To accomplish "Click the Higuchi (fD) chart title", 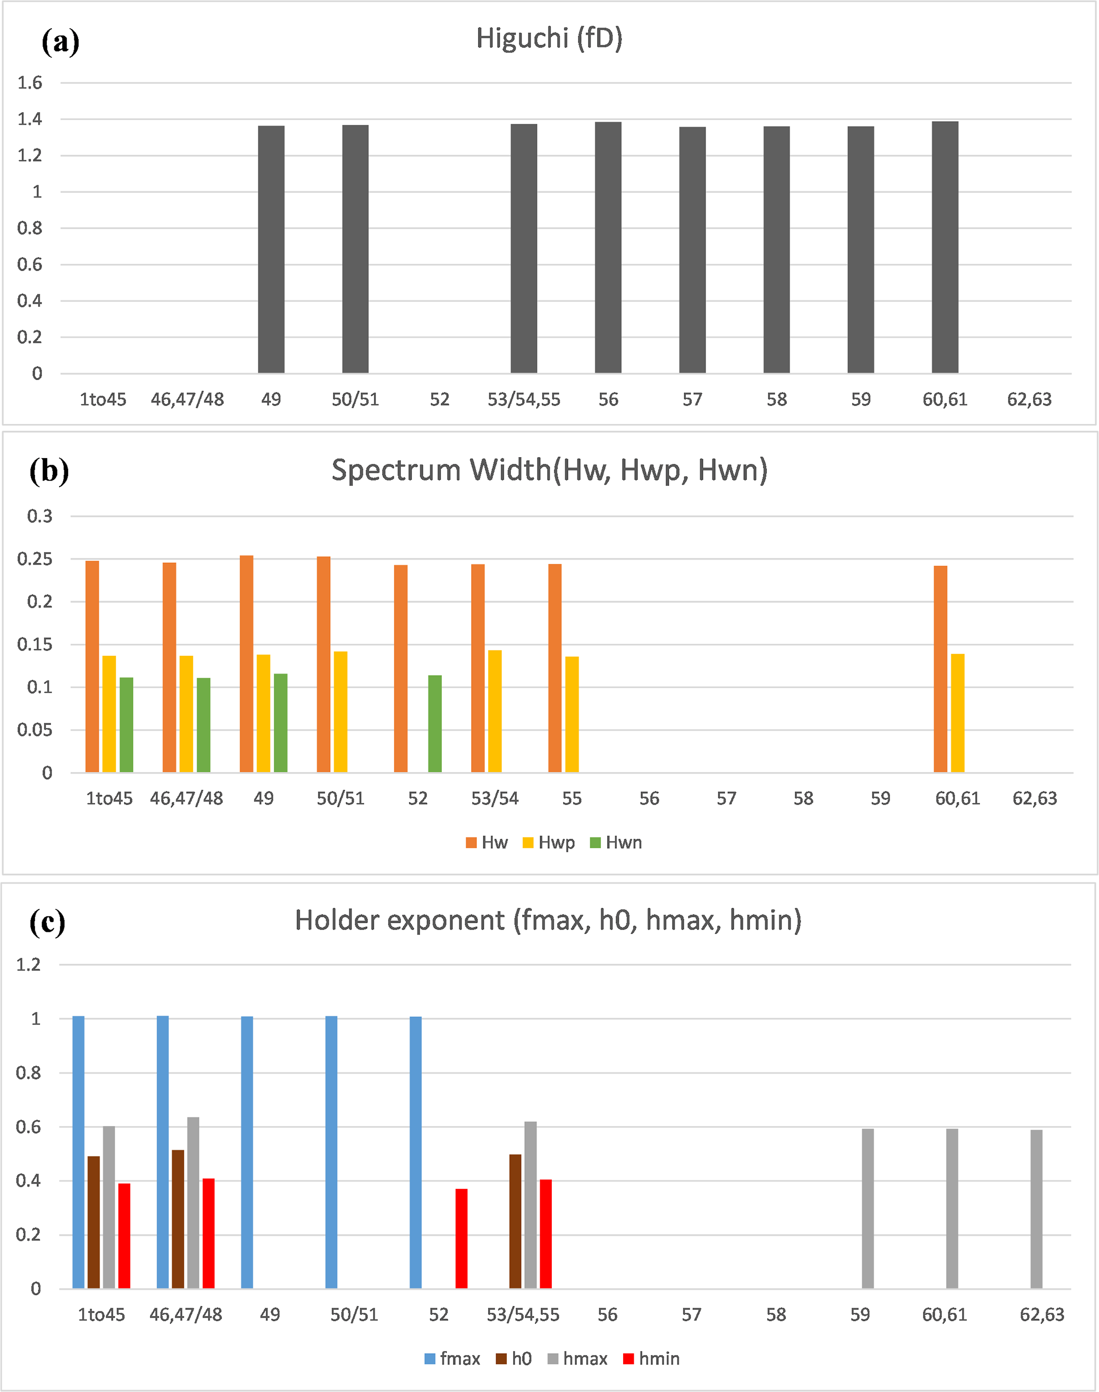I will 549,39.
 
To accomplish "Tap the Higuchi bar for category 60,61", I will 945,247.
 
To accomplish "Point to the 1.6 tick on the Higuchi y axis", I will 30,82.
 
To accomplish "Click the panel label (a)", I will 61,43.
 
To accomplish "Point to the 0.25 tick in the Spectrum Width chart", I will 35,559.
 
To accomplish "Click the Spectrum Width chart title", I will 549,470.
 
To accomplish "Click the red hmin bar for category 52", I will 462,1238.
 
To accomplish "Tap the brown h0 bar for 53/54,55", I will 515,1220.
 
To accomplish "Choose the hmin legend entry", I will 652,1359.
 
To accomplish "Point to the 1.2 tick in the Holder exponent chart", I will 28,965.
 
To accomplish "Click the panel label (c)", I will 48,923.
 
